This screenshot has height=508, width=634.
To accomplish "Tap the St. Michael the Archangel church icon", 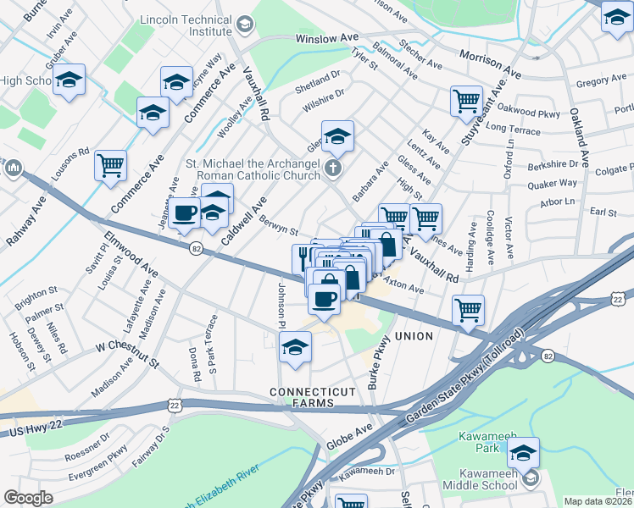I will point(334,168).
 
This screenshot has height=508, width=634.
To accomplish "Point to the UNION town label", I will point(413,336).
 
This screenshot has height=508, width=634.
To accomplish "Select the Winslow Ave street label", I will point(327,39).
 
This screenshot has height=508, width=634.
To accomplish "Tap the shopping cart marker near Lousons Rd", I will point(111,165).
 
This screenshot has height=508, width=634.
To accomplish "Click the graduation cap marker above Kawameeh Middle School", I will point(525,451).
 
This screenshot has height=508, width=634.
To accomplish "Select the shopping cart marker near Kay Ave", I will point(466,101).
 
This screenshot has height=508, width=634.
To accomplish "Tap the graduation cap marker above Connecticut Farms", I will point(295,347).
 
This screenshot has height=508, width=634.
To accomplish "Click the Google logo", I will point(28,498).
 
